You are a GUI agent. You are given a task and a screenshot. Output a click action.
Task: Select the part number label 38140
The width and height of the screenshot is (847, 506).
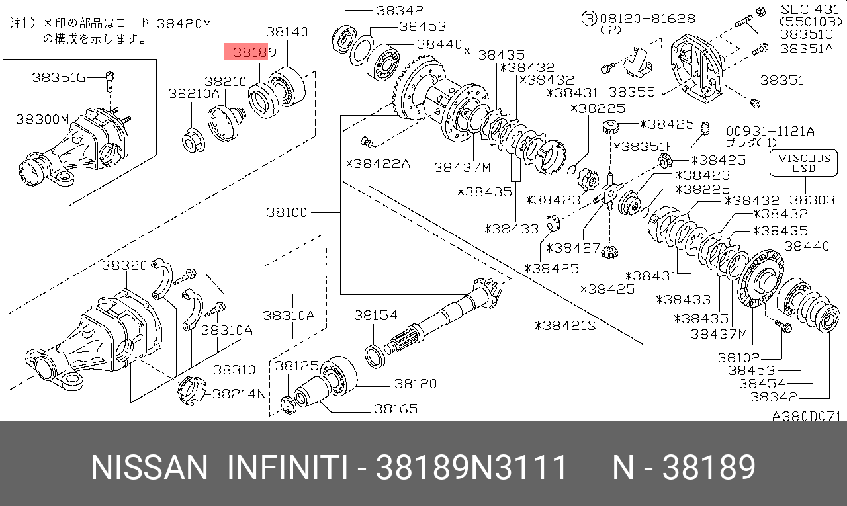click(x=287, y=31)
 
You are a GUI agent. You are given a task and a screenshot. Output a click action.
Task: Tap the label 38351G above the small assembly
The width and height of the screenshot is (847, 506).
click(x=60, y=77)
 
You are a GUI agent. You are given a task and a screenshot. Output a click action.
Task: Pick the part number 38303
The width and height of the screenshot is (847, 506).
click(x=813, y=200)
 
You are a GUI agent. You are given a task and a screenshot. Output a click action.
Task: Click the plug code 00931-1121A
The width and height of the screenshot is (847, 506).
click(x=770, y=130)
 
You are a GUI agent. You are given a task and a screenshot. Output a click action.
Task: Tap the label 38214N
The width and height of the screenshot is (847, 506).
click(x=239, y=394)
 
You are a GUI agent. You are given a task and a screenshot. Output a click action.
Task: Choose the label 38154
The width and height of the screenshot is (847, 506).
click(x=375, y=316)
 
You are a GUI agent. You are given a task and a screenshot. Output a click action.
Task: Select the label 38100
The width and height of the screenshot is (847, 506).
click(x=287, y=212)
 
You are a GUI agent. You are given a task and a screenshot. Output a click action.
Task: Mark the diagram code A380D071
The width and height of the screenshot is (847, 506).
click(x=806, y=417)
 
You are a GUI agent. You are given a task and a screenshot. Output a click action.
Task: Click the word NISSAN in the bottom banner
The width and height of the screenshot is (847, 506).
click(x=149, y=468)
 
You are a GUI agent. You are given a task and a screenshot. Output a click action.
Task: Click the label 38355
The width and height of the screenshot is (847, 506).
click(x=631, y=92)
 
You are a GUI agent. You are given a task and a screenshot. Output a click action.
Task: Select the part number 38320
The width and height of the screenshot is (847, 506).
click(x=124, y=265)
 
